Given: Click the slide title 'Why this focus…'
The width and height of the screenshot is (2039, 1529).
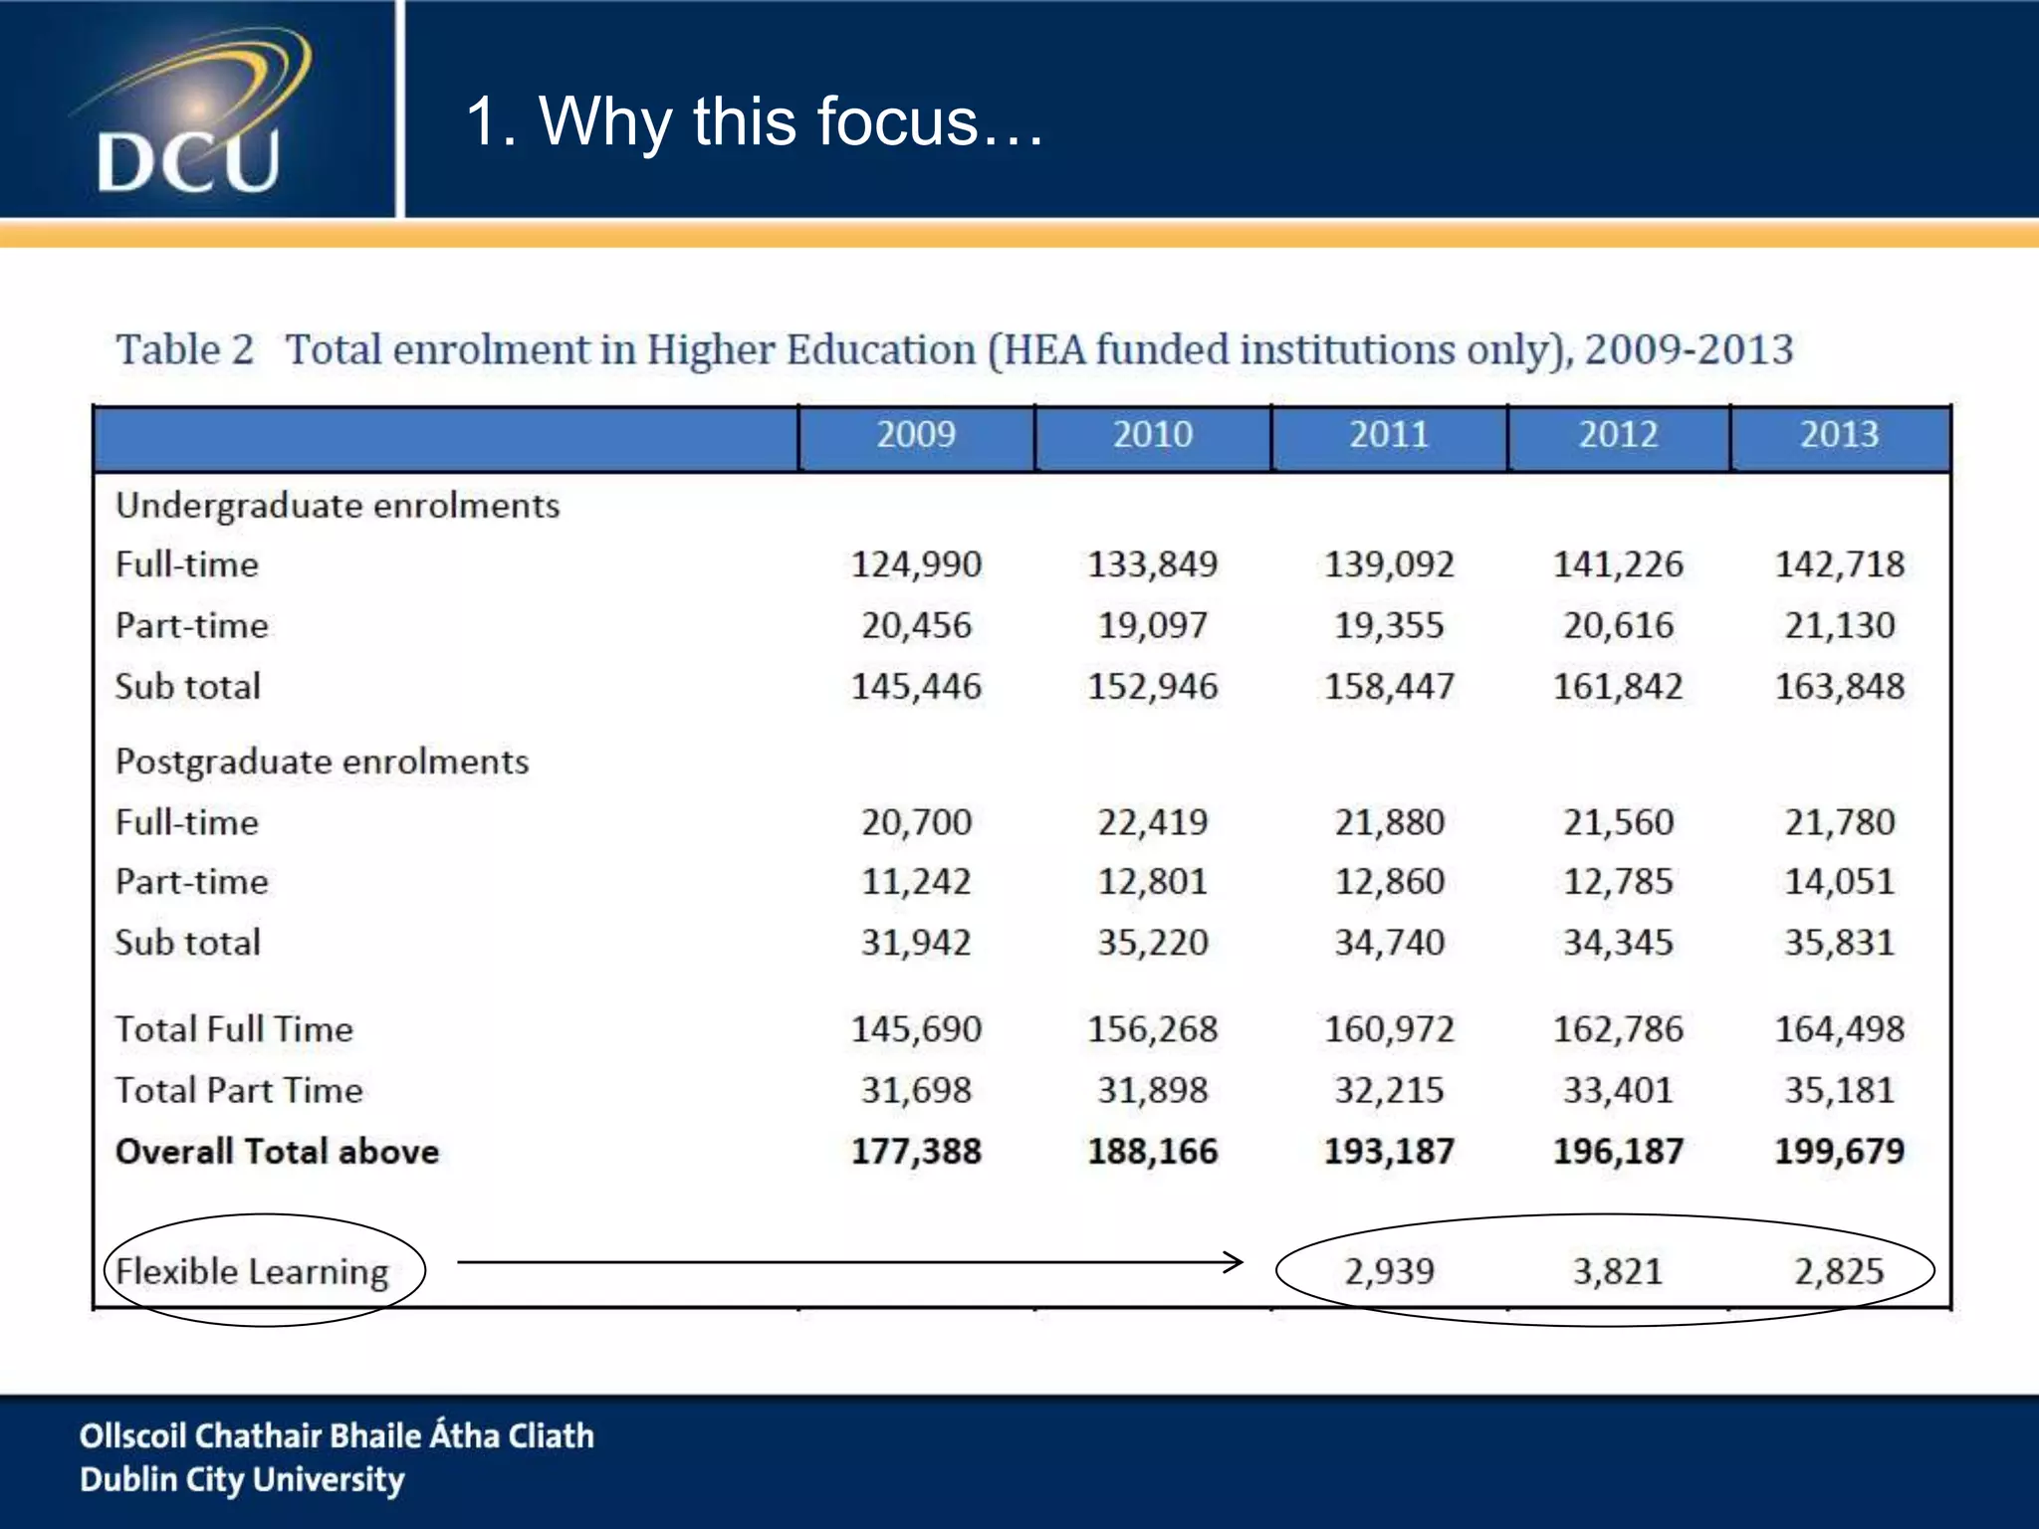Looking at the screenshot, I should (755, 121).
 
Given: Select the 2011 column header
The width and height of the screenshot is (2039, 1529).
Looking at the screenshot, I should (1388, 435).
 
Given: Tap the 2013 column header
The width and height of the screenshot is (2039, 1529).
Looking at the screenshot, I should (1838, 435).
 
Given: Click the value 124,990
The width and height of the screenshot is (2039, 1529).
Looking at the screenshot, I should (915, 565).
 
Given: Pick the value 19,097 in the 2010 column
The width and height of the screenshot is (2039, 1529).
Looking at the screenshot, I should (1152, 626).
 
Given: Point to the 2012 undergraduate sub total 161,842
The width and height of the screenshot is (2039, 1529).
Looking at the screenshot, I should (1617, 687).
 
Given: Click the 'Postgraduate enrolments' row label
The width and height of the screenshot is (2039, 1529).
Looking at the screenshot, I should (322, 763).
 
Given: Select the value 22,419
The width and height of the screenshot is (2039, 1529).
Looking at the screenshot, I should (1152, 823).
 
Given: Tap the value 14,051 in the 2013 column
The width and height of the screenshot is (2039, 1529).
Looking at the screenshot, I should (1838, 882).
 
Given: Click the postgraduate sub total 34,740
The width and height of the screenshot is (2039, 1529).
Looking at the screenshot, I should (1388, 943).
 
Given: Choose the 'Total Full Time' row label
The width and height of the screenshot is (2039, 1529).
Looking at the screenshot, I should (234, 1029).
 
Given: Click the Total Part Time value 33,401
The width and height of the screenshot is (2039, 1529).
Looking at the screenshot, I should (1617, 1090).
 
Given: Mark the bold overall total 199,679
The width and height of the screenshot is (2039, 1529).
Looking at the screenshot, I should (1838, 1152).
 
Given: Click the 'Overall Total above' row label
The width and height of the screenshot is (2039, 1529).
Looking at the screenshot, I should (277, 1152).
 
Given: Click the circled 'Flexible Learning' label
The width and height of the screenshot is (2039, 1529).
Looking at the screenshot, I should (252, 1272).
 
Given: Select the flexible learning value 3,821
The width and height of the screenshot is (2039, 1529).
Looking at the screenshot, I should (1617, 1272).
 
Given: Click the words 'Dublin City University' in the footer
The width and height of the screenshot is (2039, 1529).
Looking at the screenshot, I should (242, 1480).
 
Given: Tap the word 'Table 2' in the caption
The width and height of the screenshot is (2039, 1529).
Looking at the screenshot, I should (184, 350).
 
